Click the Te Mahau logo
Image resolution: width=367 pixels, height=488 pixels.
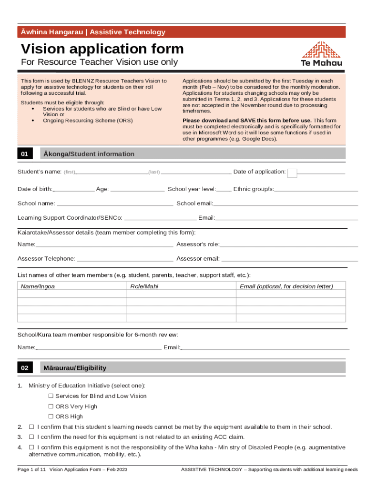(x=322, y=53)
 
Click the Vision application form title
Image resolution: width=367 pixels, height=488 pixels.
(x=102, y=49)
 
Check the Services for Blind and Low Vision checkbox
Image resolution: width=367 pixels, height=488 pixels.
(x=51, y=396)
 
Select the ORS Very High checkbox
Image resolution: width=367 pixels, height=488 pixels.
(x=51, y=407)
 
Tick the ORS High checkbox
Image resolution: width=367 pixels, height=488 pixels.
(x=51, y=417)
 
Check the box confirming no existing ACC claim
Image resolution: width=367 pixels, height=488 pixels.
(x=31, y=437)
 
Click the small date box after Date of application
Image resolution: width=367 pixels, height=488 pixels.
(x=293, y=173)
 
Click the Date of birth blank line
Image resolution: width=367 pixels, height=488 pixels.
(x=74, y=190)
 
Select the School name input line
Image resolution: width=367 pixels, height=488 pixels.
(x=115, y=204)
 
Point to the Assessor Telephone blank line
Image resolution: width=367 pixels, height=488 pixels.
(x=125, y=260)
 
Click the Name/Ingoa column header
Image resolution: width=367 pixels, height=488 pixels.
(x=38, y=286)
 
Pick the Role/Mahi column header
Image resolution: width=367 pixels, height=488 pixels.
(x=144, y=286)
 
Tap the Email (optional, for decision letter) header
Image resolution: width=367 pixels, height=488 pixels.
(x=286, y=286)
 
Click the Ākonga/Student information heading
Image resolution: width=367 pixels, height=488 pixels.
(x=89, y=154)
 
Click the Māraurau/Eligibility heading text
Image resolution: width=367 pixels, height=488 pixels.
(x=75, y=368)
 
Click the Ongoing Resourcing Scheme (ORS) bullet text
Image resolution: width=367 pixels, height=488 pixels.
(x=88, y=121)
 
